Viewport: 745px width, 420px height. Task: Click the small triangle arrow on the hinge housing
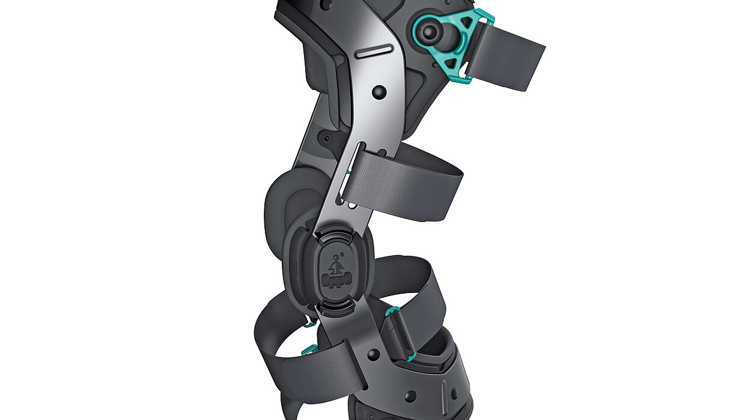(294, 268)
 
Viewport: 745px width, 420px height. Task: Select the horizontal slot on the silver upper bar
(374, 51)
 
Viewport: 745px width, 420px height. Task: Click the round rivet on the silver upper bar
(380, 92)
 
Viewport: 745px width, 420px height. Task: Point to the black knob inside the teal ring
(430, 32)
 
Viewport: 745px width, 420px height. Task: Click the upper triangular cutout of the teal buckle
(467, 22)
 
